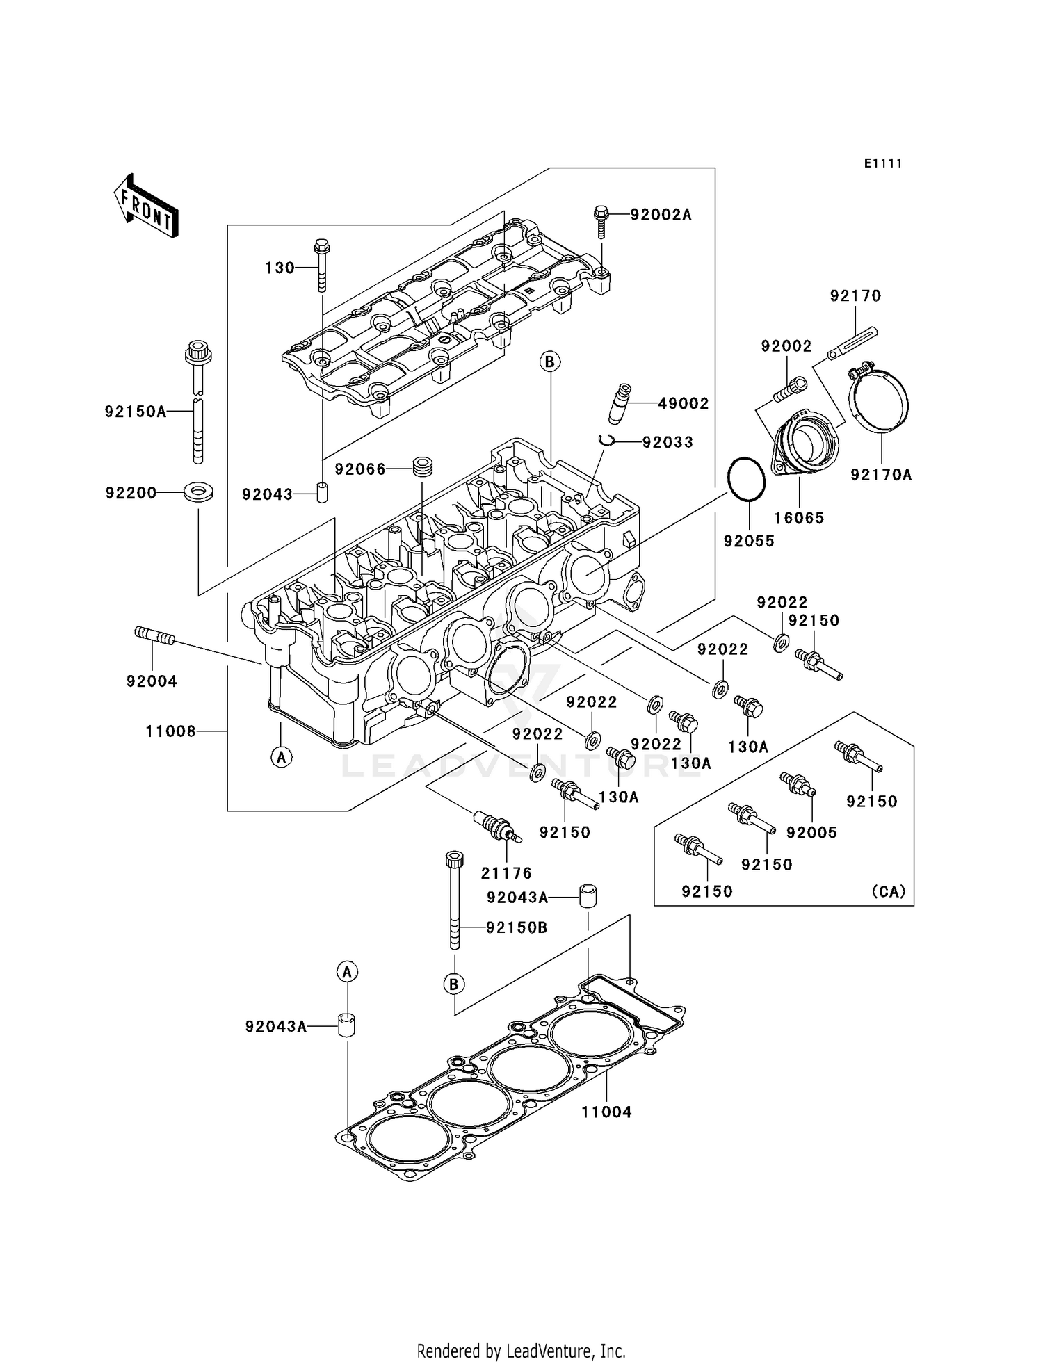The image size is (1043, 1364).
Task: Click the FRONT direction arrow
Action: tap(146, 207)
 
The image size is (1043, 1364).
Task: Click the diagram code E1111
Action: tap(883, 163)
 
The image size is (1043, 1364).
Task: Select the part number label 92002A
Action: tap(661, 215)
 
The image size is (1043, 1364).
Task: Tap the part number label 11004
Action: tap(606, 1112)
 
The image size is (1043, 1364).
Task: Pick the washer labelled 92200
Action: tap(198, 492)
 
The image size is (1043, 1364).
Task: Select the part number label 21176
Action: tap(506, 873)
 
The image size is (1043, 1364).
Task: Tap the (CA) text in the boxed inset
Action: tap(888, 892)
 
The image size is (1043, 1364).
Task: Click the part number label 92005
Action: tap(811, 833)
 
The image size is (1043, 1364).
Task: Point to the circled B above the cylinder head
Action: tap(549, 362)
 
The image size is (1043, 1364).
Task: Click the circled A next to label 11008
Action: tap(281, 756)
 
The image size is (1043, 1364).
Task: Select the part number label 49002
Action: tap(683, 404)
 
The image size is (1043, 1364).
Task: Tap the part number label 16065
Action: tap(799, 518)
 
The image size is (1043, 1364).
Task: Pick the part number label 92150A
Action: tap(136, 412)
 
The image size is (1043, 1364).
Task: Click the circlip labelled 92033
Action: tap(606, 440)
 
